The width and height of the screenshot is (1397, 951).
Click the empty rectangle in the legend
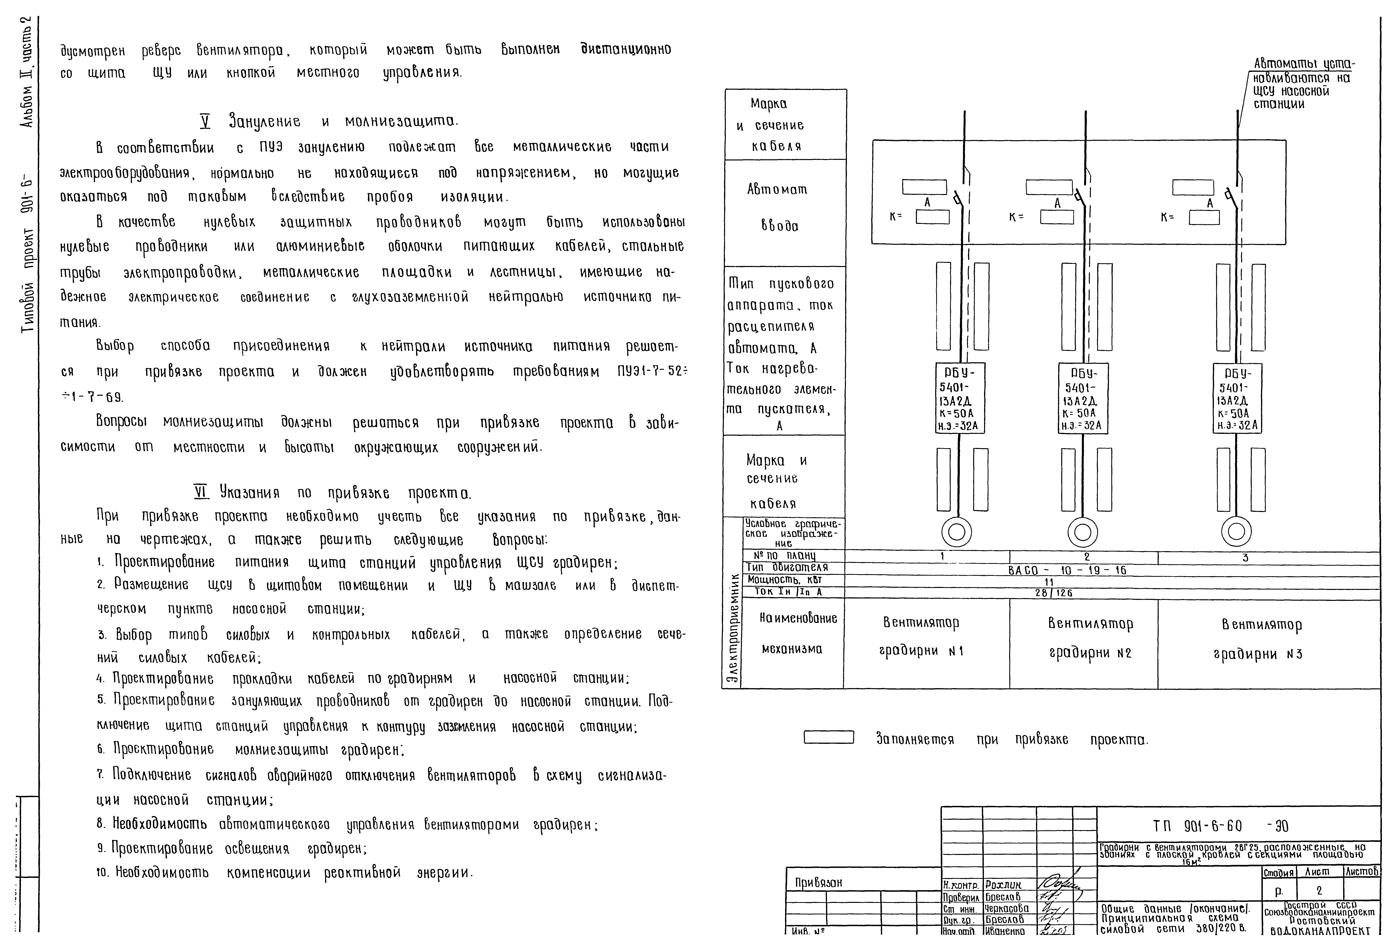coord(829,737)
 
